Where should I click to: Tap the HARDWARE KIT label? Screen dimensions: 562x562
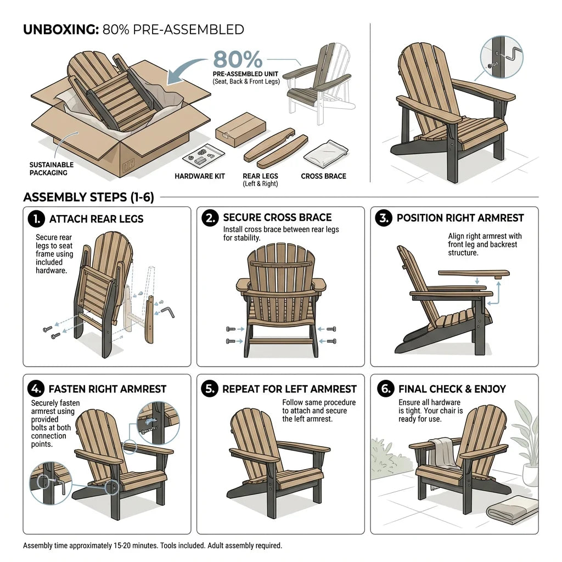click(x=200, y=177)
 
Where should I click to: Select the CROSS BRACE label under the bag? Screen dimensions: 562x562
click(x=323, y=177)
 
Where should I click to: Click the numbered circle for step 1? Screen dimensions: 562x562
click(x=36, y=218)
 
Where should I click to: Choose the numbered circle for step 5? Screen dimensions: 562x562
click(x=210, y=389)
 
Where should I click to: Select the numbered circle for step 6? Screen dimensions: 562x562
click(x=386, y=389)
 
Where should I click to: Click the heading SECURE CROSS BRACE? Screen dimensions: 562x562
click(x=277, y=218)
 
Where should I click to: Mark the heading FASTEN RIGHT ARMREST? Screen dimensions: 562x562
click(x=108, y=389)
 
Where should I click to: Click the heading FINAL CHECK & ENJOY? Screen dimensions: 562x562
click(x=452, y=389)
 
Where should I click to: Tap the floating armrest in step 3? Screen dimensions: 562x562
click(x=474, y=272)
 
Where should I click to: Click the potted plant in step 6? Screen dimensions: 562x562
click(x=527, y=445)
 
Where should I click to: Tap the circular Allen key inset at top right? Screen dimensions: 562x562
click(x=502, y=56)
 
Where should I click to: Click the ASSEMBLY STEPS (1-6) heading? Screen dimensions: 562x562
click(x=88, y=197)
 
